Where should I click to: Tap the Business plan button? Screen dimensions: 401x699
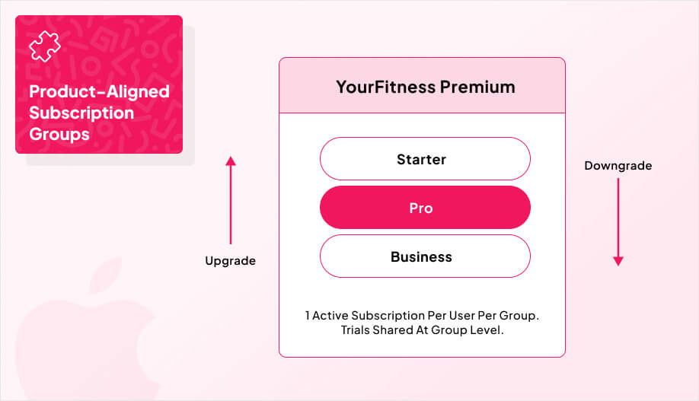(x=421, y=256)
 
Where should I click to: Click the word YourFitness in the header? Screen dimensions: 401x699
(x=386, y=87)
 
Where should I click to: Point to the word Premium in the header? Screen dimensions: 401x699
(x=477, y=87)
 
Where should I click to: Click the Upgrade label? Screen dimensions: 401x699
(x=230, y=261)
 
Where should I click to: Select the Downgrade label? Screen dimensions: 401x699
(x=618, y=166)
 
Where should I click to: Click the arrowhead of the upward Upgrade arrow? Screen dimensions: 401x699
(x=231, y=161)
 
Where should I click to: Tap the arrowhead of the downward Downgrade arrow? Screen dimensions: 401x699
(x=618, y=261)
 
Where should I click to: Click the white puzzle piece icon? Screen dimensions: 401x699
(x=44, y=47)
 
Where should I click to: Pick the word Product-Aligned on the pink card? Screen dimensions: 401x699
(x=99, y=92)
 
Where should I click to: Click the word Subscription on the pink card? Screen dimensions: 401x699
(x=81, y=113)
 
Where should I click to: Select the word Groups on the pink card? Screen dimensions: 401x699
(x=59, y=135)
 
